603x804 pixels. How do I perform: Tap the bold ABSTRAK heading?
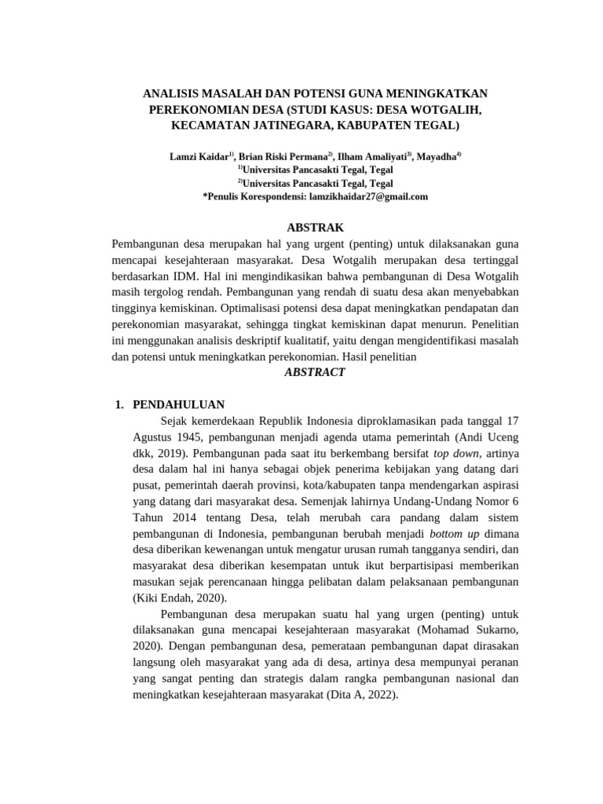pyautogui.click(x=315, y=228)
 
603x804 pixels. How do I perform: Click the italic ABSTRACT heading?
pyautogui.click(x=314, y=372)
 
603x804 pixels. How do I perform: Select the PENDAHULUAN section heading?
pyautogui.click(x=179, y=404)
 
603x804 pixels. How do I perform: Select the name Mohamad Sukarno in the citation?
pyautogui.click(x=468, y=630)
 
